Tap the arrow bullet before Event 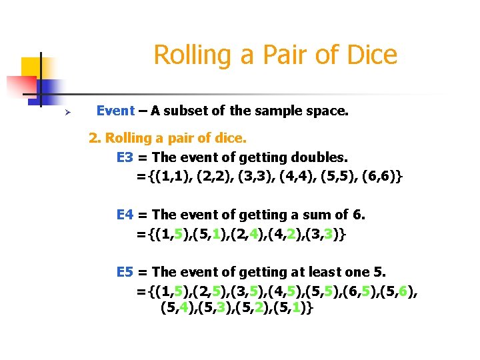(59, 112)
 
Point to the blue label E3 (125, 158)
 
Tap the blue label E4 (125, 215)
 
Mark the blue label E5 (125, 272)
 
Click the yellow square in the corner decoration (31, 68)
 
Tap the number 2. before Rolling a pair (95, 139)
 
